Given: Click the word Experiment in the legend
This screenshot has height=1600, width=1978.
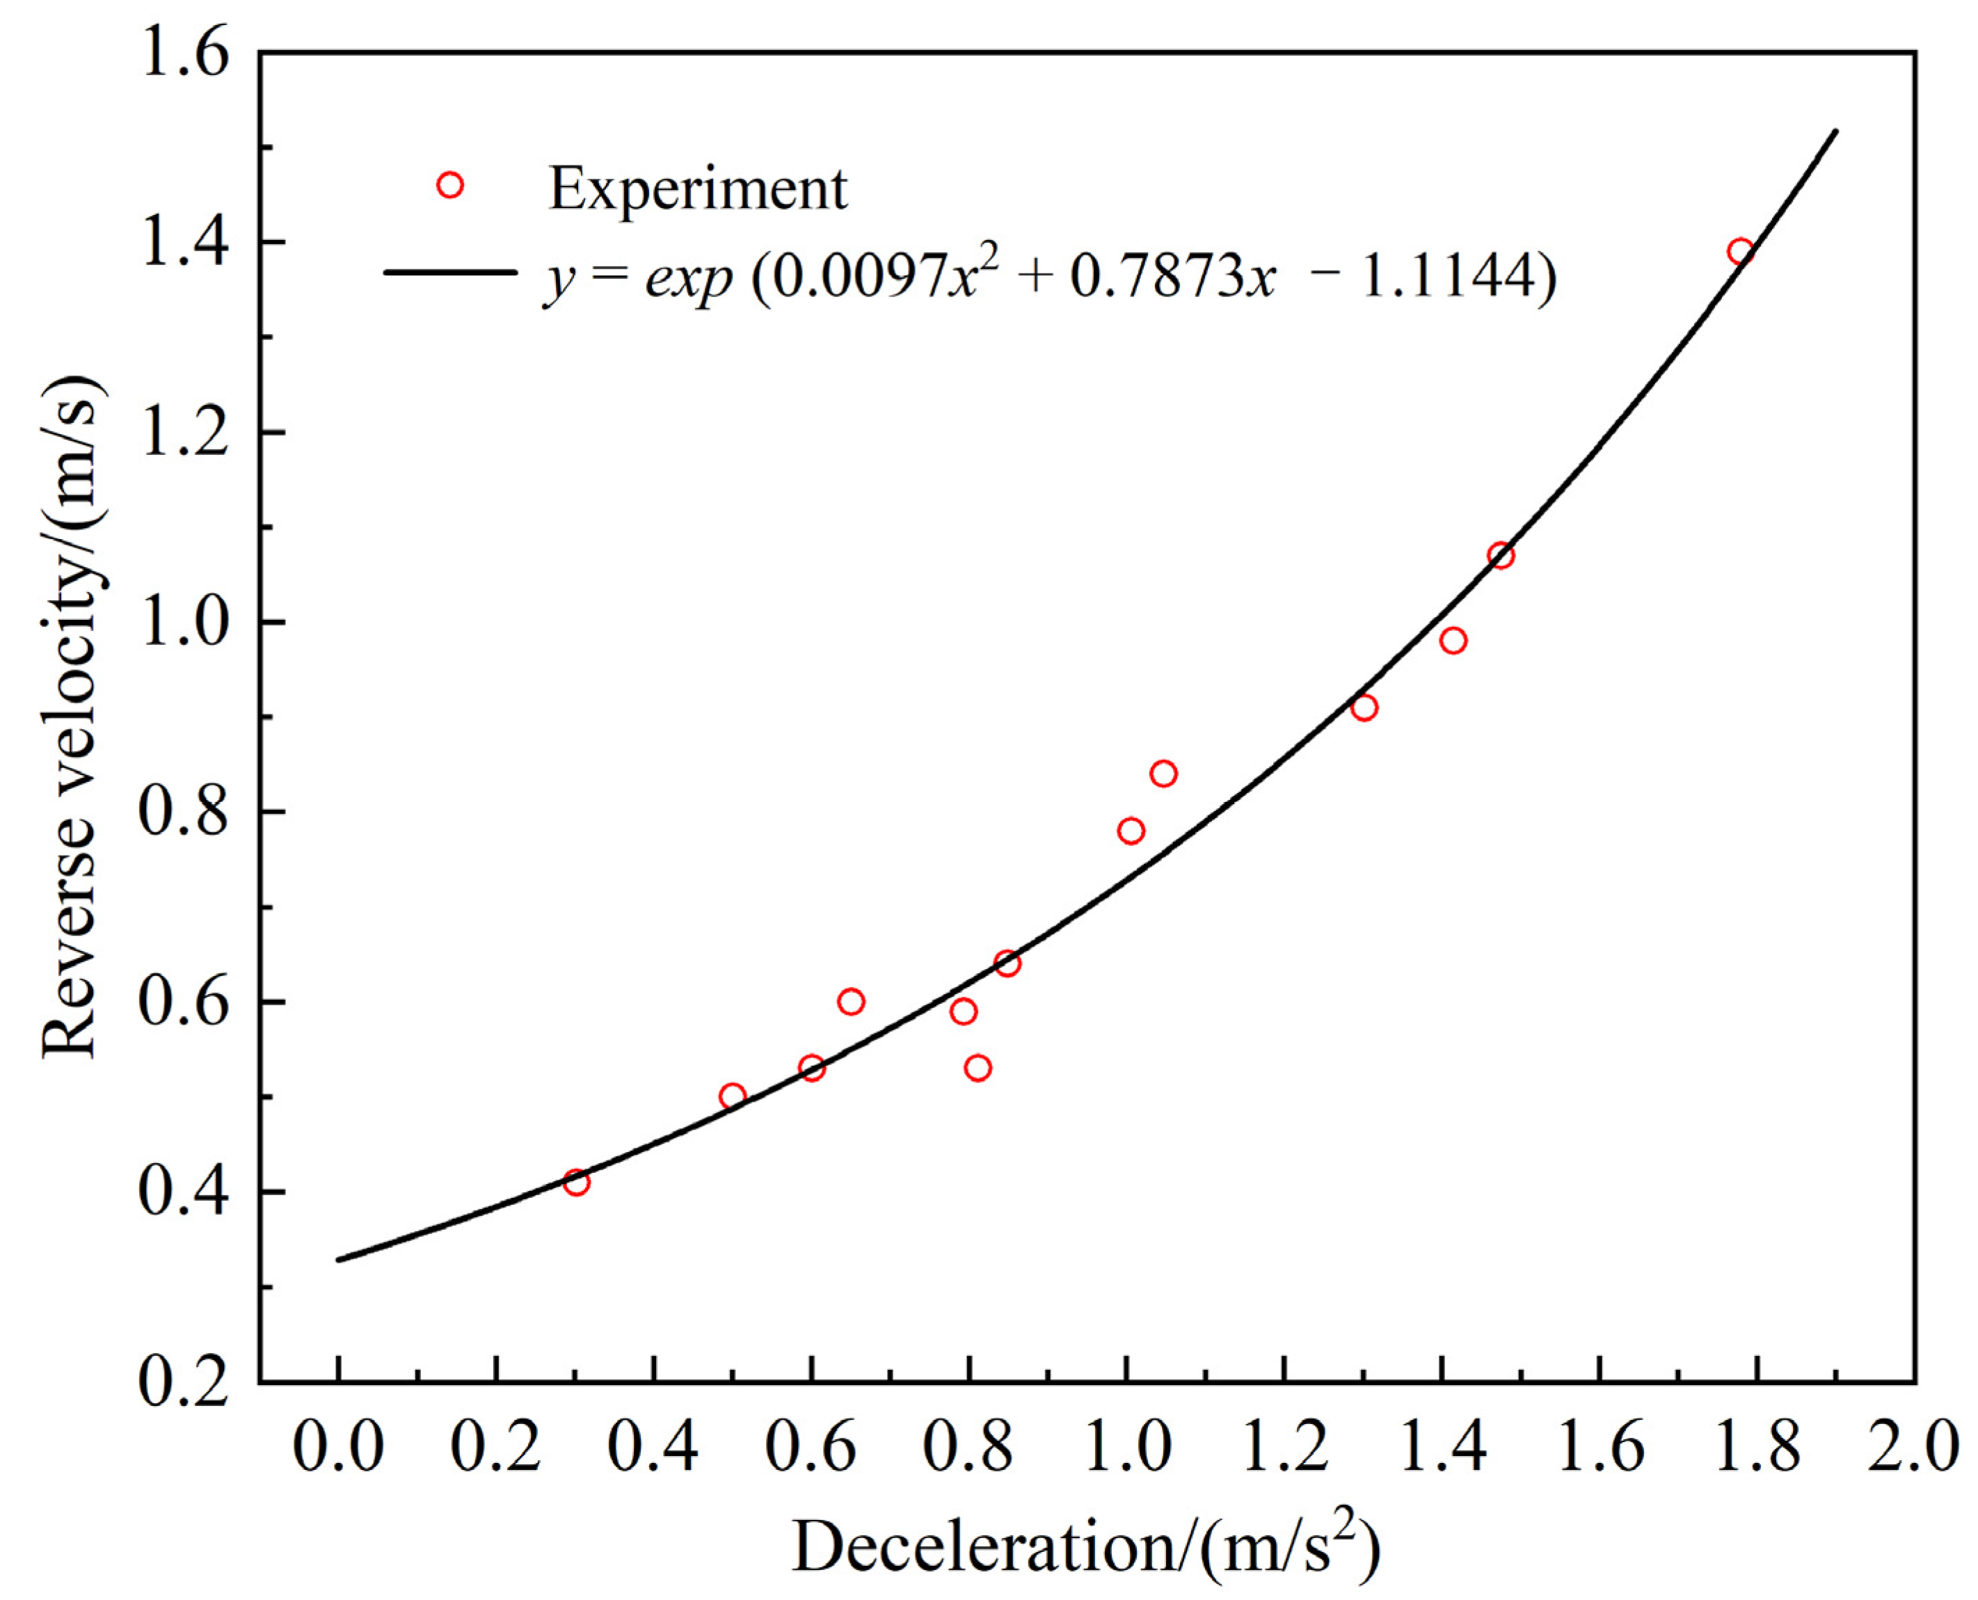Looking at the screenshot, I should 697,189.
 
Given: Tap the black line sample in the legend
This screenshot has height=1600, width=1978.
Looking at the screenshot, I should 449,272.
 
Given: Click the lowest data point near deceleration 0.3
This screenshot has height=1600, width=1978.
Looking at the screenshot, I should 576,1183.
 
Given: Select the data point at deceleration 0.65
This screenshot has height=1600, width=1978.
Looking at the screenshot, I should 851,1002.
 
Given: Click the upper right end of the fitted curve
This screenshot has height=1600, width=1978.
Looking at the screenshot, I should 1835,131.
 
